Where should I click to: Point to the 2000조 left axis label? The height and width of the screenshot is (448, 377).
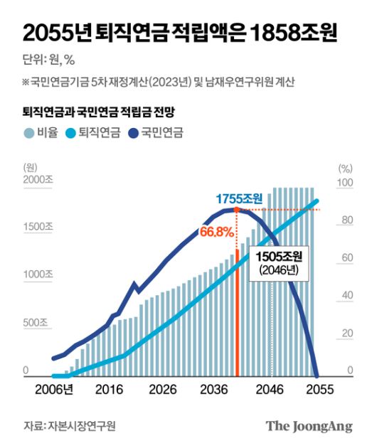[x=37, y=181]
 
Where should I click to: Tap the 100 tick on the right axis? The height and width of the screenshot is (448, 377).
[x=344, y=183]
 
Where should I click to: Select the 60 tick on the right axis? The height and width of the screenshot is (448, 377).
[x=344, y=258]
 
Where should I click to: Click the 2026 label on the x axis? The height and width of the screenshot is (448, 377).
[x=164, y=390]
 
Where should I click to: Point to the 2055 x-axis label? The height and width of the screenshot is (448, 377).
[x=320, y=390]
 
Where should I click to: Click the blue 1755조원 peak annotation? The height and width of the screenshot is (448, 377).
[x=240, y=198]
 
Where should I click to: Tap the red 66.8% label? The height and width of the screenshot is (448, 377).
[x=217, y=233]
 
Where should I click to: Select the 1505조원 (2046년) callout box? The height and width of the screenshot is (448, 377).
[x=280, y=262]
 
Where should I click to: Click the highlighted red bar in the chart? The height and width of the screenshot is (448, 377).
[x=237, y=313]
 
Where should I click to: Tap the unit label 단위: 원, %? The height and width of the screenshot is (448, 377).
[x=51, y=60]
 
